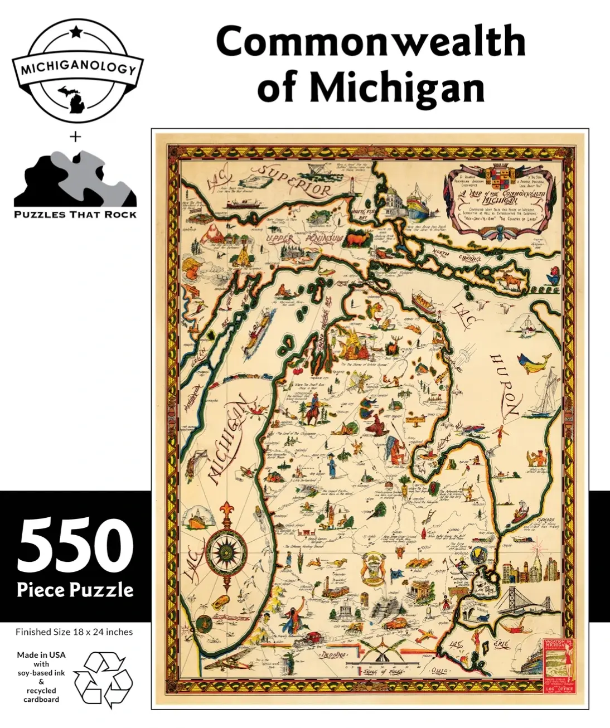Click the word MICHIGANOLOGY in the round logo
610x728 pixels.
click(78, 69)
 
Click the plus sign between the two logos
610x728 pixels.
click(75, 137)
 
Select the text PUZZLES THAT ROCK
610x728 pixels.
click(75, 215)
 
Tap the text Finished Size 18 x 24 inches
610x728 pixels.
click(74, 632)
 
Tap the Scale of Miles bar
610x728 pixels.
click(379, 665)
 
